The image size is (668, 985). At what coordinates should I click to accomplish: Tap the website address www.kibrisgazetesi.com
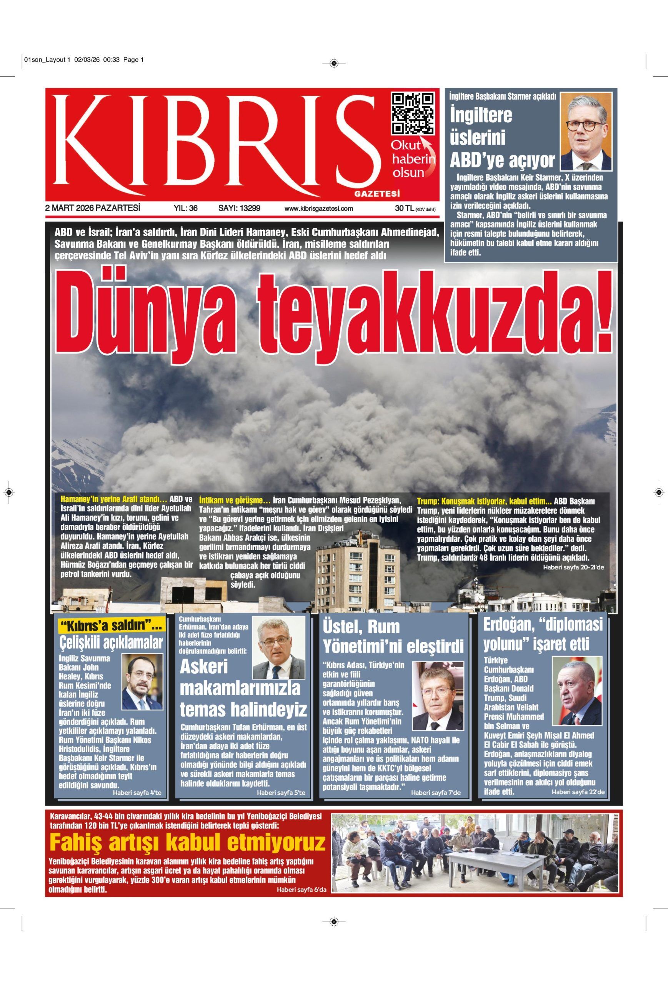(x=318, y=209)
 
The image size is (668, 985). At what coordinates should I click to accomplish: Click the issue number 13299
(x=239, y=208)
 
